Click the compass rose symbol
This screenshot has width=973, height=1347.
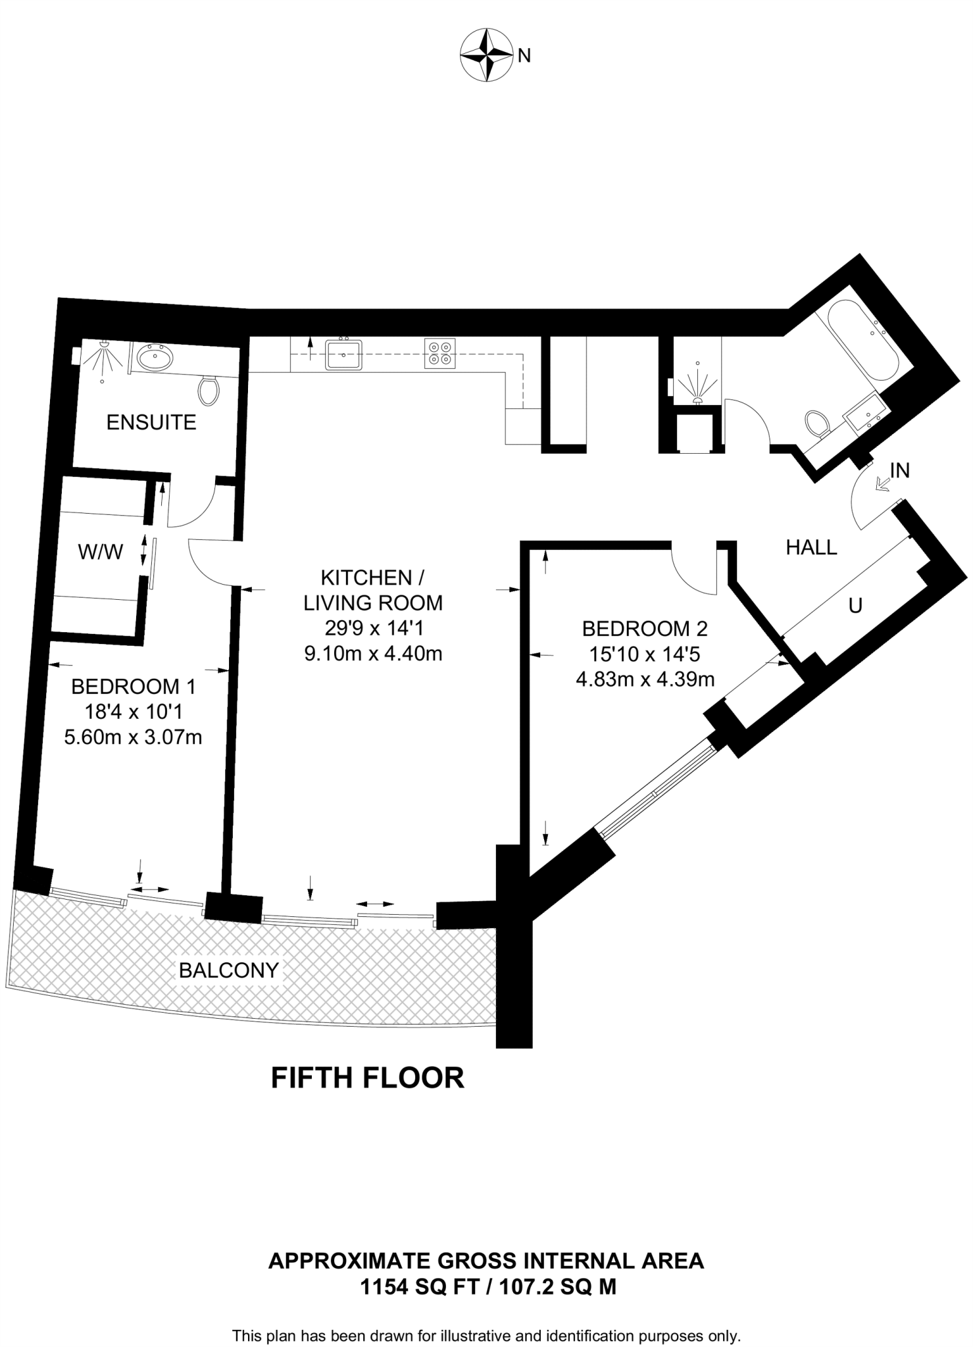(487, 57)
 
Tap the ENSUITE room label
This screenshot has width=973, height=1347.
(151, 422)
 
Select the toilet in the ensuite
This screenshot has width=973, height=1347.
(209, 390)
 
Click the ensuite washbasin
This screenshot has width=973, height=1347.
(156, 358)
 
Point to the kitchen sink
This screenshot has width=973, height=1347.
(344, 354)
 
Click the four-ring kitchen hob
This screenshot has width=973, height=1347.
(439, 353)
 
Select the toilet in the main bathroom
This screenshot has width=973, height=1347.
(816, 422)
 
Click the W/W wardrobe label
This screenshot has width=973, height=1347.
(101, 552)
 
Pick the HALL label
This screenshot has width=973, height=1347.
(812, 547)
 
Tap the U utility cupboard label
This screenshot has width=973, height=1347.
(855, 606)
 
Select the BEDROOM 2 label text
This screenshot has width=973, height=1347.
(645, 629)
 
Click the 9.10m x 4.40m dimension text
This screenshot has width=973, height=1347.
(373, 654)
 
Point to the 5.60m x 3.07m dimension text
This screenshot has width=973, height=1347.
(133, 737)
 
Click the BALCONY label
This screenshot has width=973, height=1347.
(229, 970)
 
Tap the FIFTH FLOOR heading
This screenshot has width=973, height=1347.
(368, 1079)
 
